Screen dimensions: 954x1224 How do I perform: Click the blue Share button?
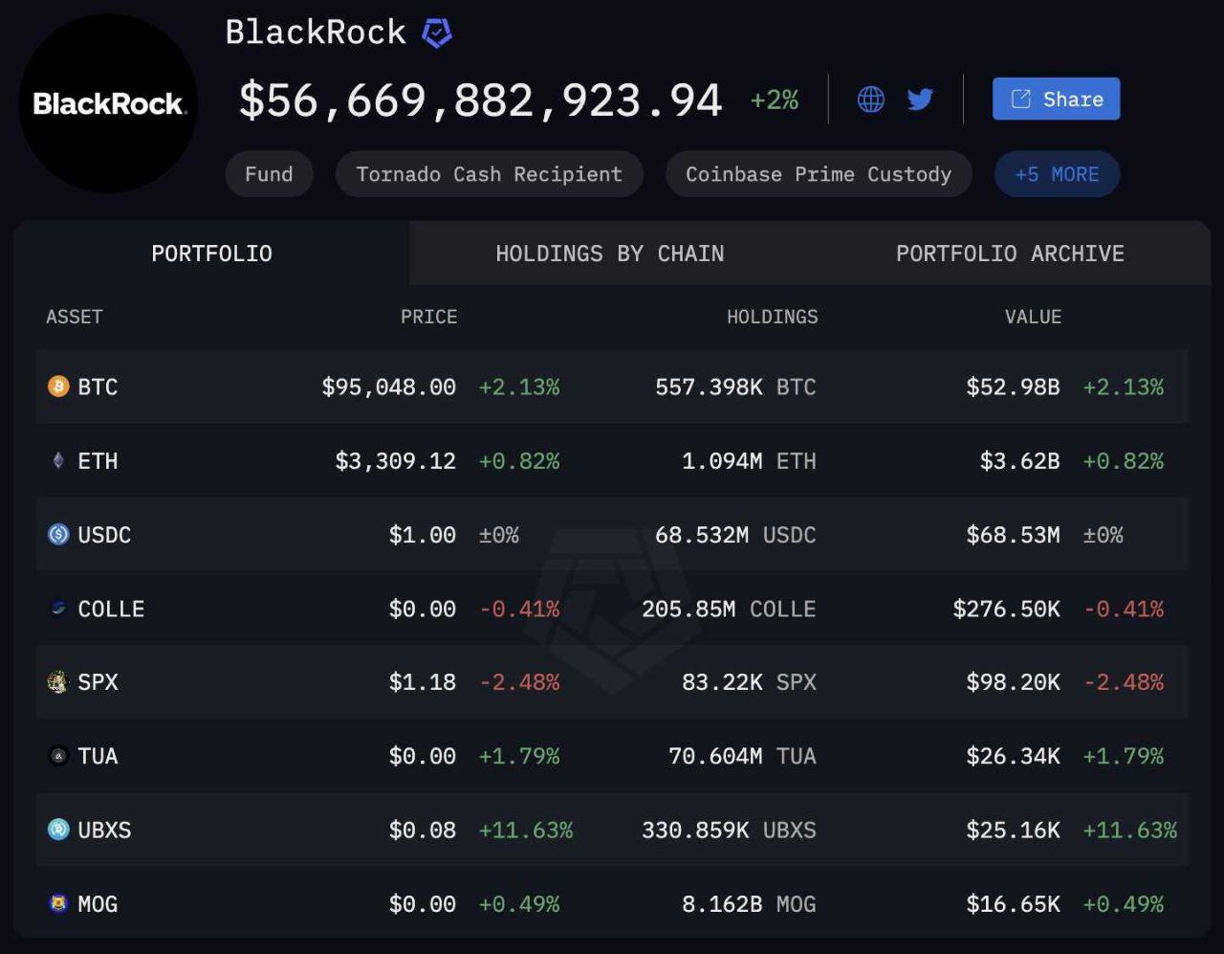click(1056, 99)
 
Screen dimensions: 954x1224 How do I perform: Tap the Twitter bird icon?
click(920, 99)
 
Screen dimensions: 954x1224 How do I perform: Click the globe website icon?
click(870, 99)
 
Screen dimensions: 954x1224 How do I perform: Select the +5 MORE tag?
click(1057, 174)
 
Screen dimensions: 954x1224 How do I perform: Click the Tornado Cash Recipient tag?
click(489, 174)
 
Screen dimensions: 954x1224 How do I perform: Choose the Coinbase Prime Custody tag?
click(819, 174)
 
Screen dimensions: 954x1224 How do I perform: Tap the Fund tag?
click(269, 174)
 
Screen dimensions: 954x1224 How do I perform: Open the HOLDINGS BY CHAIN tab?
click(609, 254)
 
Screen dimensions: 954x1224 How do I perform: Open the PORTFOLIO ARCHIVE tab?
click(1010, 254)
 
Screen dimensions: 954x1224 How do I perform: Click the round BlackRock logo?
click(108, 103)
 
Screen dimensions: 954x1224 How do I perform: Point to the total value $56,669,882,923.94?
click(480, 100)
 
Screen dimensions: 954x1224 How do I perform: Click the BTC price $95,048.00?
click(388, 387)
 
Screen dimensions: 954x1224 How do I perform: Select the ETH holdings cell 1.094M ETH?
click(749, 461)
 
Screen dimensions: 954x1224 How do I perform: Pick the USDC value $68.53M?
click(1013, 535)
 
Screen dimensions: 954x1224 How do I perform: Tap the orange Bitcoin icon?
click(58, 387)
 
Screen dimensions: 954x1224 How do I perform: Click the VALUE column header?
click(1033, 317)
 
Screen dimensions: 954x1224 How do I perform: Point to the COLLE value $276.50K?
click(1006, 609)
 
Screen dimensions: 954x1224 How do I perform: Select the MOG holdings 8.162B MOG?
click(749, 904)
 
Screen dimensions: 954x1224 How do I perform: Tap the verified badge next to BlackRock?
click(437, 33)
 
